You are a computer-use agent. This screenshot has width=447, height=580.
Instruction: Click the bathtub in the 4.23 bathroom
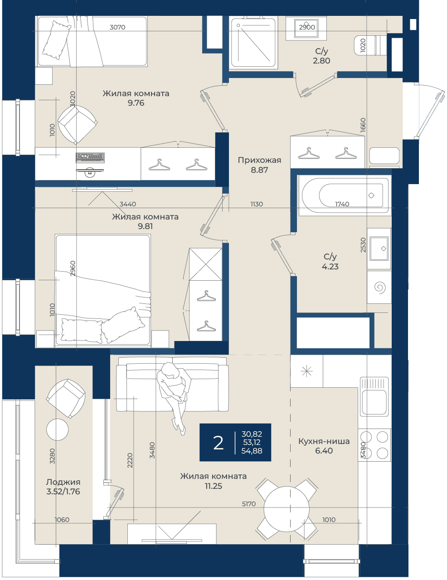(x=345, y=195)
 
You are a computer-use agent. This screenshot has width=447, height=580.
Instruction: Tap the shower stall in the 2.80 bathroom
(x=253, y=43)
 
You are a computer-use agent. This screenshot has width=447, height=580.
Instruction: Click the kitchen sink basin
(x=374, y=402)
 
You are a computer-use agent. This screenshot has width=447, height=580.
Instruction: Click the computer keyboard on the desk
(x=90, y=158)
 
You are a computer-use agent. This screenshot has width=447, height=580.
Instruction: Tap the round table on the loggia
(x=57, y=429)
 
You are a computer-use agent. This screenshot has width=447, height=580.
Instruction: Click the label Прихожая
(x=259, y=160)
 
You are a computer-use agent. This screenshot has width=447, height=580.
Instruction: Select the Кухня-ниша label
(x=324, y=441)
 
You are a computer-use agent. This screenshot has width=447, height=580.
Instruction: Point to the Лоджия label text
(x=63, y=482)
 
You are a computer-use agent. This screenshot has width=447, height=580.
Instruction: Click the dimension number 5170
(x=248, y=504)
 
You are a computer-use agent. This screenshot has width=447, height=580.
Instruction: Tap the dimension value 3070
(x=117, y=27)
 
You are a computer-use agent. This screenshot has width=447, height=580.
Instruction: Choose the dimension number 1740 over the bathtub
(x=342, y=204)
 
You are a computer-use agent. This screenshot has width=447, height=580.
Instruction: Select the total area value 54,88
(x=252, y=451)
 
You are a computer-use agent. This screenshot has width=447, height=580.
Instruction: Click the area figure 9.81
(x=145, y=226)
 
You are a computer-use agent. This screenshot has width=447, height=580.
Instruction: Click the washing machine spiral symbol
(x=380, y=288)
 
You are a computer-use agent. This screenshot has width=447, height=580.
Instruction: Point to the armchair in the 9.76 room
(x=78, y=124)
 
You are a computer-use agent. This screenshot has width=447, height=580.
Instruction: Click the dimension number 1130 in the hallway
(x=256, y=204)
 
